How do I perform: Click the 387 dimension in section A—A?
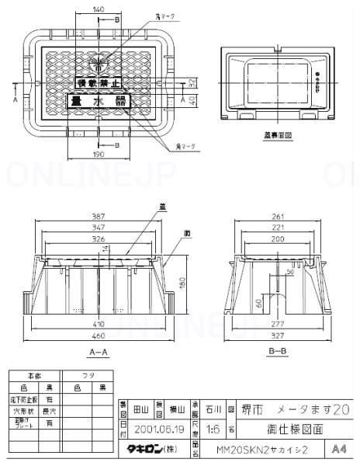99,217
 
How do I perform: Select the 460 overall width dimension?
99,336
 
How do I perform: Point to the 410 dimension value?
99,323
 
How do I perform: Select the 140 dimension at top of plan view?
99,9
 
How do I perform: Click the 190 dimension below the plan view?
99,155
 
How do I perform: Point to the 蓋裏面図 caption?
277,134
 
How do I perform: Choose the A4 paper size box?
338,448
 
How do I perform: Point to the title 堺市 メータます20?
286,409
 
